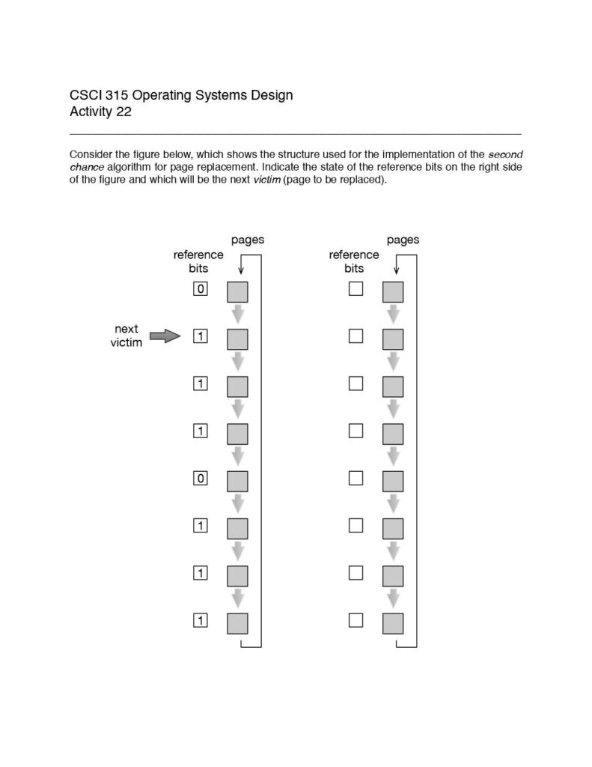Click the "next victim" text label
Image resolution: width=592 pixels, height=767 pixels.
point(126,336)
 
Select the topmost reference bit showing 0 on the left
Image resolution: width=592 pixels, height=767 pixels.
point(200,289)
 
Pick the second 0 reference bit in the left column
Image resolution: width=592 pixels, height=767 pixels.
point(200,478)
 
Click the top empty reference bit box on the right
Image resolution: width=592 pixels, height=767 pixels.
point(355,289)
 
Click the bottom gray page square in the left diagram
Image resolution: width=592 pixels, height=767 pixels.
point(237,623)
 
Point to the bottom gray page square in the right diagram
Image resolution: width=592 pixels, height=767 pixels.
point(393,623)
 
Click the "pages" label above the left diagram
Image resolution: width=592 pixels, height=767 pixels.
point(247,240)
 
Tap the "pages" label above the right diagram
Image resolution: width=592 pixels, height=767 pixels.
point(403,240)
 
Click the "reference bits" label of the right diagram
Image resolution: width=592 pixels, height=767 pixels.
point(354,261)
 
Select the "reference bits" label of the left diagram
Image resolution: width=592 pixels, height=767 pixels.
point(198,261)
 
